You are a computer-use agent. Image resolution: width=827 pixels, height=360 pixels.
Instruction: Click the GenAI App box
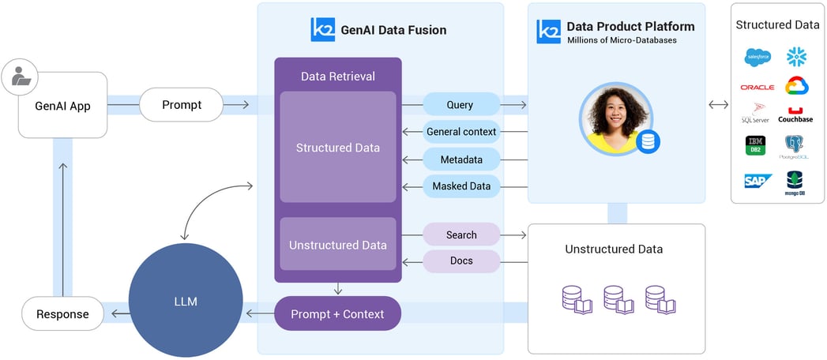[x=62, y=105]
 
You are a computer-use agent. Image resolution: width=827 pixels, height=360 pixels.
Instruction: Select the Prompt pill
[x=182, y=104]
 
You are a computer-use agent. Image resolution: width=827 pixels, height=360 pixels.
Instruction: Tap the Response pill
[x=62, y=313]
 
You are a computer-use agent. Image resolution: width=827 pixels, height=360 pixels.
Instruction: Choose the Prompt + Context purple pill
[x=337, y=313]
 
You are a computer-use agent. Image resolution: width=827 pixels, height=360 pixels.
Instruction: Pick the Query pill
[x=460, y=104]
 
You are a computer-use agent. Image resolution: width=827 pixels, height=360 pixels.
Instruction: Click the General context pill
[x=460, y=131]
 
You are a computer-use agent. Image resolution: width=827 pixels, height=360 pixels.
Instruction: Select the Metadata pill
[x=461, y=159]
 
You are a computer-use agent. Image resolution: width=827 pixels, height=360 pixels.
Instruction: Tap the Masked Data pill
[x=461, y=186]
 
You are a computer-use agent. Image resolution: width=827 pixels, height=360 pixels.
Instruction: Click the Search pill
[x=461, y=234]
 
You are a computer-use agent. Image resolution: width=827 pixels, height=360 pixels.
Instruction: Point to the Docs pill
[x=461, y=261]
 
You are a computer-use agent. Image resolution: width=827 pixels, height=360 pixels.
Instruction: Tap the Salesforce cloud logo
[x=757, y=57]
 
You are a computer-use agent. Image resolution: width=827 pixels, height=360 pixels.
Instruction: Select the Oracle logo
[x=757, y=87]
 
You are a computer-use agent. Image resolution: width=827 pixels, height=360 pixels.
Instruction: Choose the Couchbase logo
[x=795, y=114]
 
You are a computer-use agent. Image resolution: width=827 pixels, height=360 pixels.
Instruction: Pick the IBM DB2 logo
[x=756, y=145]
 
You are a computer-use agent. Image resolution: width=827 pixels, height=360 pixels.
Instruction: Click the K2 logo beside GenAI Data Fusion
[x=323, y=30]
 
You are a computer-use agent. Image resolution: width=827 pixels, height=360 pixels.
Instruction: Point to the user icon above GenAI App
[x=17, y=77]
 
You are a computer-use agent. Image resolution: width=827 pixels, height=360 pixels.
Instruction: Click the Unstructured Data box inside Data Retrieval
[x=338, y=245]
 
